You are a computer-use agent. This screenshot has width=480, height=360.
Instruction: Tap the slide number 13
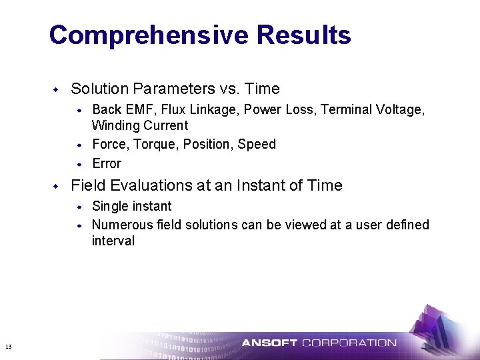[x=8, y=346]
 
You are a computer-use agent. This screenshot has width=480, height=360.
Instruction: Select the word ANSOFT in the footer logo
[x=269, y=343]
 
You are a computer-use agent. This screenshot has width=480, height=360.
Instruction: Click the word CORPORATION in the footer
[x=349, y=343]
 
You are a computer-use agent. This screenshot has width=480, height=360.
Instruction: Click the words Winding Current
[x=140, y=125]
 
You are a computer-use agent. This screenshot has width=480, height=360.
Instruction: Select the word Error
[x=107, y=163]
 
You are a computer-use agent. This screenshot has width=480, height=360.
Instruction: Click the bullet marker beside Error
[x=79, y=163]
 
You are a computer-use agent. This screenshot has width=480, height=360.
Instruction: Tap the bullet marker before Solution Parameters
[x=57, y=89]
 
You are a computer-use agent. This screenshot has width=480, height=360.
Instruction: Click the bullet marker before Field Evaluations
[x=57, y=185]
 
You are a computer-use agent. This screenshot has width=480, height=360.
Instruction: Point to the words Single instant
[x=131, y=206]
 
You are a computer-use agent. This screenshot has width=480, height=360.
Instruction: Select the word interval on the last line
[x=113, y=241]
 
